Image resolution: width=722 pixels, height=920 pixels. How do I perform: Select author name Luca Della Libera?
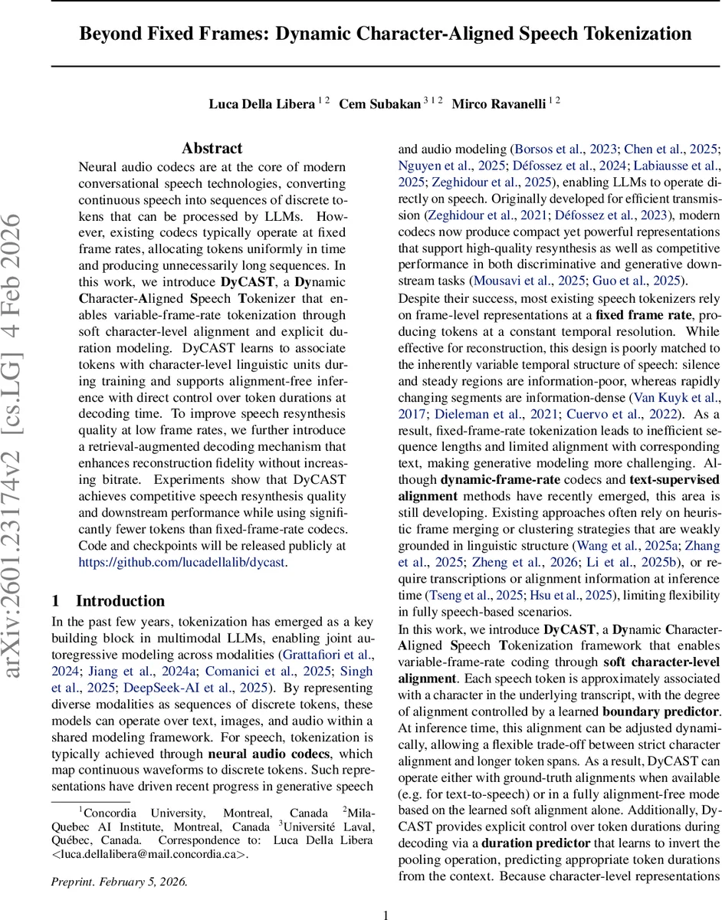[x=261, y=103]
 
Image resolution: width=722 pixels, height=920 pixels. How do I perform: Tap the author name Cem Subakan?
[x=381, y=103]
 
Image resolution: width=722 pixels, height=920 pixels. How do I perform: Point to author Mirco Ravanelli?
[x=501, y=103]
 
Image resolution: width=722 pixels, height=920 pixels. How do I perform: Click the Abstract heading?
[x=212, y=148]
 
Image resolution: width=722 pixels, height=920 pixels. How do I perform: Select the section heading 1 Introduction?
[x=107, y=601]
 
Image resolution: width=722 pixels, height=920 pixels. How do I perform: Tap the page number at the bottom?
[x=386, y=914]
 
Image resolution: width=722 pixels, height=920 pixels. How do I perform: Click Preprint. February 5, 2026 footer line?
[x=119, y=881]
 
